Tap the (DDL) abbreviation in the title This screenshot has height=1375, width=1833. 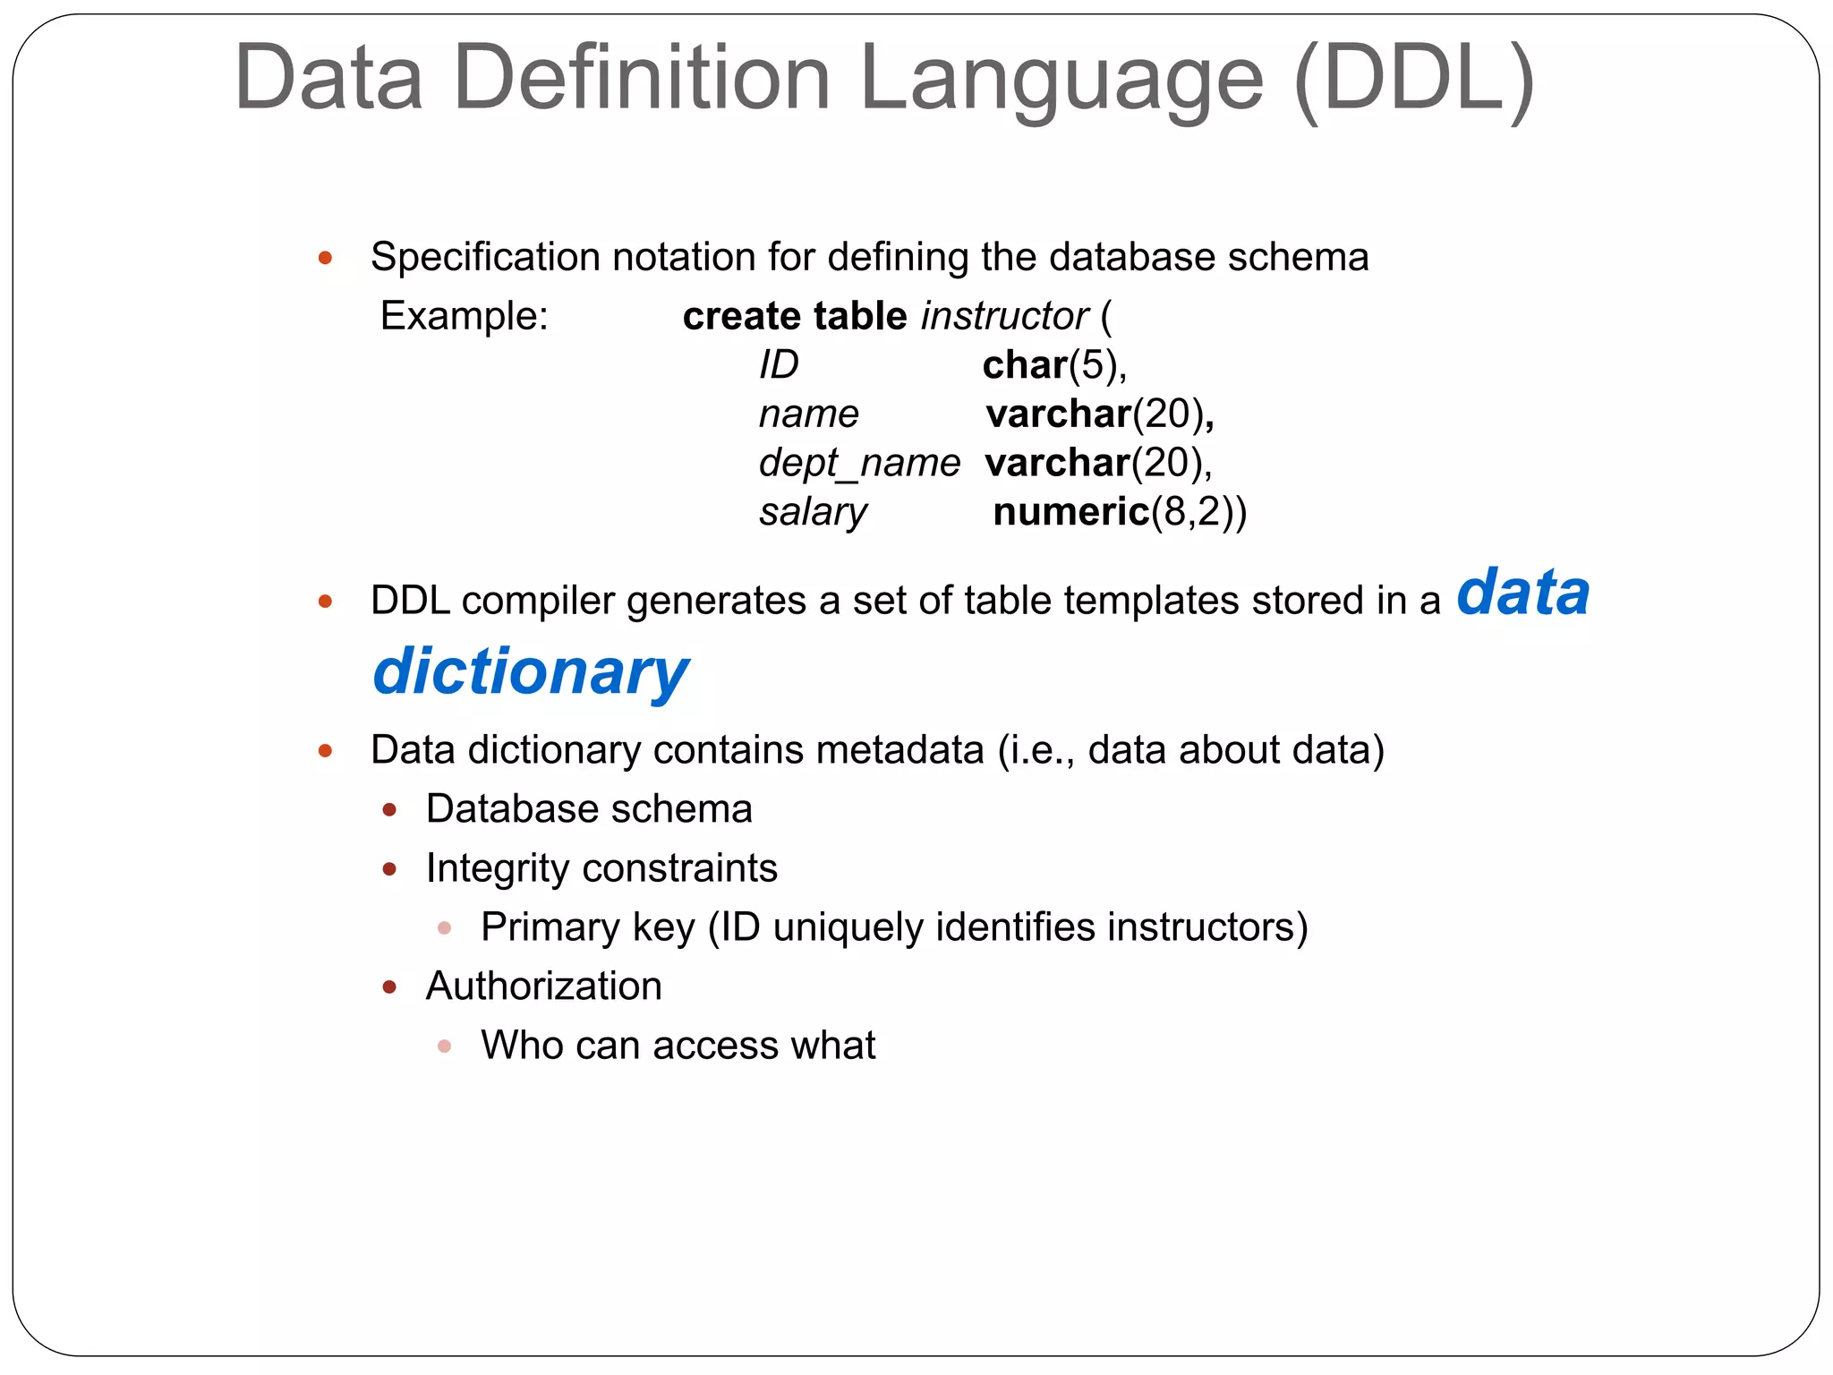(1414, 81)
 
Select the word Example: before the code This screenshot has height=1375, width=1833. (464, 316)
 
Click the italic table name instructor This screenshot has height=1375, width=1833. (1004, 316)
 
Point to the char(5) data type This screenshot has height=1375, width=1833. (1053, 365)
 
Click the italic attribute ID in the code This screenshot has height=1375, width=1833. (778, 365)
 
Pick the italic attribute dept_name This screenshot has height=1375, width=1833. (859, 463)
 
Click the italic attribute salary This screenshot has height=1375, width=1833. (813, 512)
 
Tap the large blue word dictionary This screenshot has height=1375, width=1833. (531, 671)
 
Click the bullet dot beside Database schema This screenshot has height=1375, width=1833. (389, 810)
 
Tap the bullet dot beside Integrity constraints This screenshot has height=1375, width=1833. (389, 869)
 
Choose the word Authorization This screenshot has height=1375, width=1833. (544, 986)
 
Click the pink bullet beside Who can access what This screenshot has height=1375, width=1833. (445, 1046)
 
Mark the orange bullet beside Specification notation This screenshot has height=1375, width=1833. (326, 259)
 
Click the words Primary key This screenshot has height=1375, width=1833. (587, 927)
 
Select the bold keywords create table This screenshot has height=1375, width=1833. (795, 316)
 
